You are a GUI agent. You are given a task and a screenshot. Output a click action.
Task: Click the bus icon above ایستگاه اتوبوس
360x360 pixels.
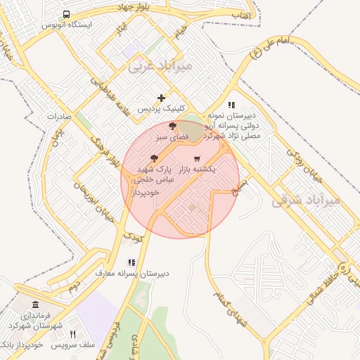tap(66, 14)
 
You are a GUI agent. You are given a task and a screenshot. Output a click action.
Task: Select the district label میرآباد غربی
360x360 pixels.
tap(156, 67)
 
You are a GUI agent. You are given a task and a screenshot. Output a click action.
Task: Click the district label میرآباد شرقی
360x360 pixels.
tap(305, 200)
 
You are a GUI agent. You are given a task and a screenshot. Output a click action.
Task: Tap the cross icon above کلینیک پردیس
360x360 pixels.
tap(161, 98)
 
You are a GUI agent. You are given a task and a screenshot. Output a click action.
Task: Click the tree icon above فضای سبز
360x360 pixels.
tap(173, 125)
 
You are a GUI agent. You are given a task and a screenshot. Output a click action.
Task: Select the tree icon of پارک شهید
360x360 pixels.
tap(154, 159)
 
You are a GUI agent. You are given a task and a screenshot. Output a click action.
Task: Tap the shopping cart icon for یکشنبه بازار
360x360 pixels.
tap(196, 158)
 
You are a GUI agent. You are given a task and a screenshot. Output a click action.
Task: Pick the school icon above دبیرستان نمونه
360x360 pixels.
tap(231, 105)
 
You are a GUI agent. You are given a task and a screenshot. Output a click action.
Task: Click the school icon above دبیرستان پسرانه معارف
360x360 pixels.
tap(131, 262)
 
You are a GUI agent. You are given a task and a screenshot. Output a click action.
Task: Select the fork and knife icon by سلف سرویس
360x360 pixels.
tap(72, 334)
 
